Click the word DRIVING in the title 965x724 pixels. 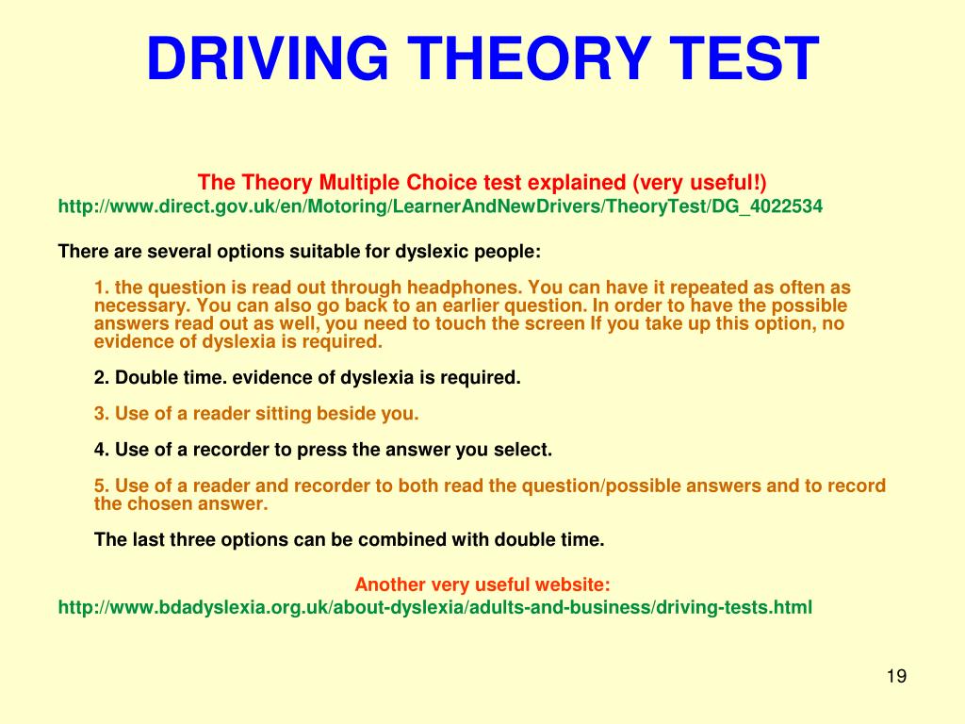click(x=268, y=58)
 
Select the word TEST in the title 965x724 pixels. click(x=744, y=58)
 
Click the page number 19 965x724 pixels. click(x=897, y=676)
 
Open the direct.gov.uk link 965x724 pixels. click(x=440, y=206)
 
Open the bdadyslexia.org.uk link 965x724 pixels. click(x=435, y=608)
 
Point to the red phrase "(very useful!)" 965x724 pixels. click(x=699, y=183)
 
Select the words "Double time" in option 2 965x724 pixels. click(x=163, y=377)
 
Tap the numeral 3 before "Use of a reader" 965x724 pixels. click(x=100, y=414)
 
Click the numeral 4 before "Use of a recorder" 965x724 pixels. click(x=100, y=450)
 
